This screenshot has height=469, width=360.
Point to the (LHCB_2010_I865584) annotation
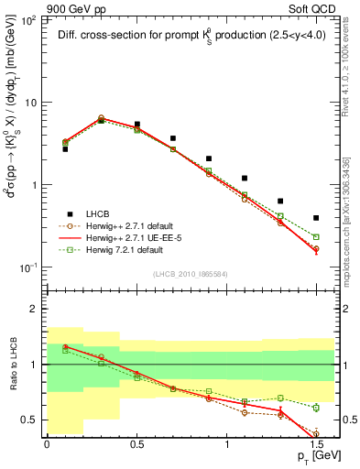189,273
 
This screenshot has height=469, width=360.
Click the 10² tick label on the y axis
27,19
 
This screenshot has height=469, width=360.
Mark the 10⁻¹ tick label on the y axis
27,267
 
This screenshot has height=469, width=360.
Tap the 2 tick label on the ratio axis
32,310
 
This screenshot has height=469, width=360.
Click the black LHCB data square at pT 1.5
316,218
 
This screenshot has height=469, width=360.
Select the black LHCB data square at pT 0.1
65,148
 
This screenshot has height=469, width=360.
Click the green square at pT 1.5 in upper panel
316,236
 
